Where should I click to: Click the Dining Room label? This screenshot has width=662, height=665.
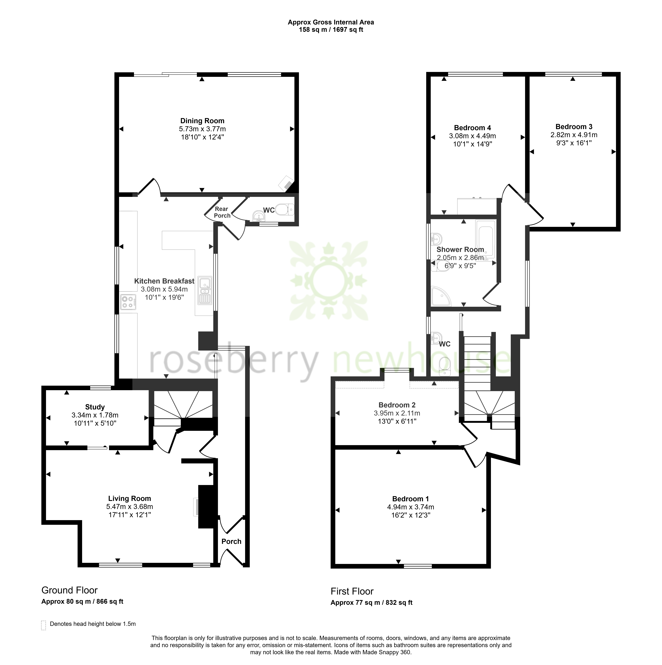(x=202, y=121)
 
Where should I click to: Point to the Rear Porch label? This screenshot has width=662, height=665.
(x=222, y=212)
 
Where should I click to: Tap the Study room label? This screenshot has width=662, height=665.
(x=95, y=407)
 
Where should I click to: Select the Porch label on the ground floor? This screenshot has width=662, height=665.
(x=231, y=541)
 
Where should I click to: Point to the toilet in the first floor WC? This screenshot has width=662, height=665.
(x=445, y=366)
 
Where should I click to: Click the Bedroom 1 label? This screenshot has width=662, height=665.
(x=411, y=499)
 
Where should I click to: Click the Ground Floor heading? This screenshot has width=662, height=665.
(x=70, y=590)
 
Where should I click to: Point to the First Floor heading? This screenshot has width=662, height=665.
(x=352, y=591)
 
